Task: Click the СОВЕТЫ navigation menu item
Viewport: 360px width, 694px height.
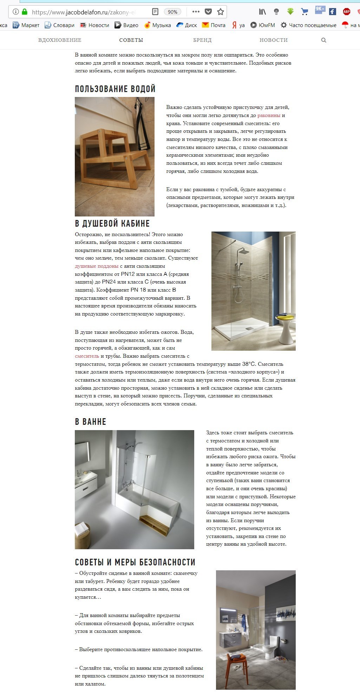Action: point(131,40)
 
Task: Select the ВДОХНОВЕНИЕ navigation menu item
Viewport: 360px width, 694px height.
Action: point(60,40)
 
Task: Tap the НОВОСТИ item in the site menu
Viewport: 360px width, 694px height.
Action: point(273,40)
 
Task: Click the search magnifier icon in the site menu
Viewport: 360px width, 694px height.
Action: point(323,40)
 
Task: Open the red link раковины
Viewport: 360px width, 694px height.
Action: point(269,115)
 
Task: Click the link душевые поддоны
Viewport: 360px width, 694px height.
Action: point(97,266)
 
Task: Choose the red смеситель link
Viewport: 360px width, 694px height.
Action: point(87,356)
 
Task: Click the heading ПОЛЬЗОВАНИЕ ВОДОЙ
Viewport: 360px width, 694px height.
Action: point(115,89)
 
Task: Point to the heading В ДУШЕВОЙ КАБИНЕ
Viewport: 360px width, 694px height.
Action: point(112,223)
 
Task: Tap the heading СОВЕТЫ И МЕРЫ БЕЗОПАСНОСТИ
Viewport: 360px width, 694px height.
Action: point(135,562)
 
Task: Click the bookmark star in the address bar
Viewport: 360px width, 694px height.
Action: point(221,12)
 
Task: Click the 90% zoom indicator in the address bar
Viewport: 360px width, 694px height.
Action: point(172,12)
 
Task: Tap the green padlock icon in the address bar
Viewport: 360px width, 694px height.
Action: point(24,12)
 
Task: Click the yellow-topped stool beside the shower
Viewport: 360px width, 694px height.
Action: point(286,328)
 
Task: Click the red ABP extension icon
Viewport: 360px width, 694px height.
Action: point(346,12)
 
